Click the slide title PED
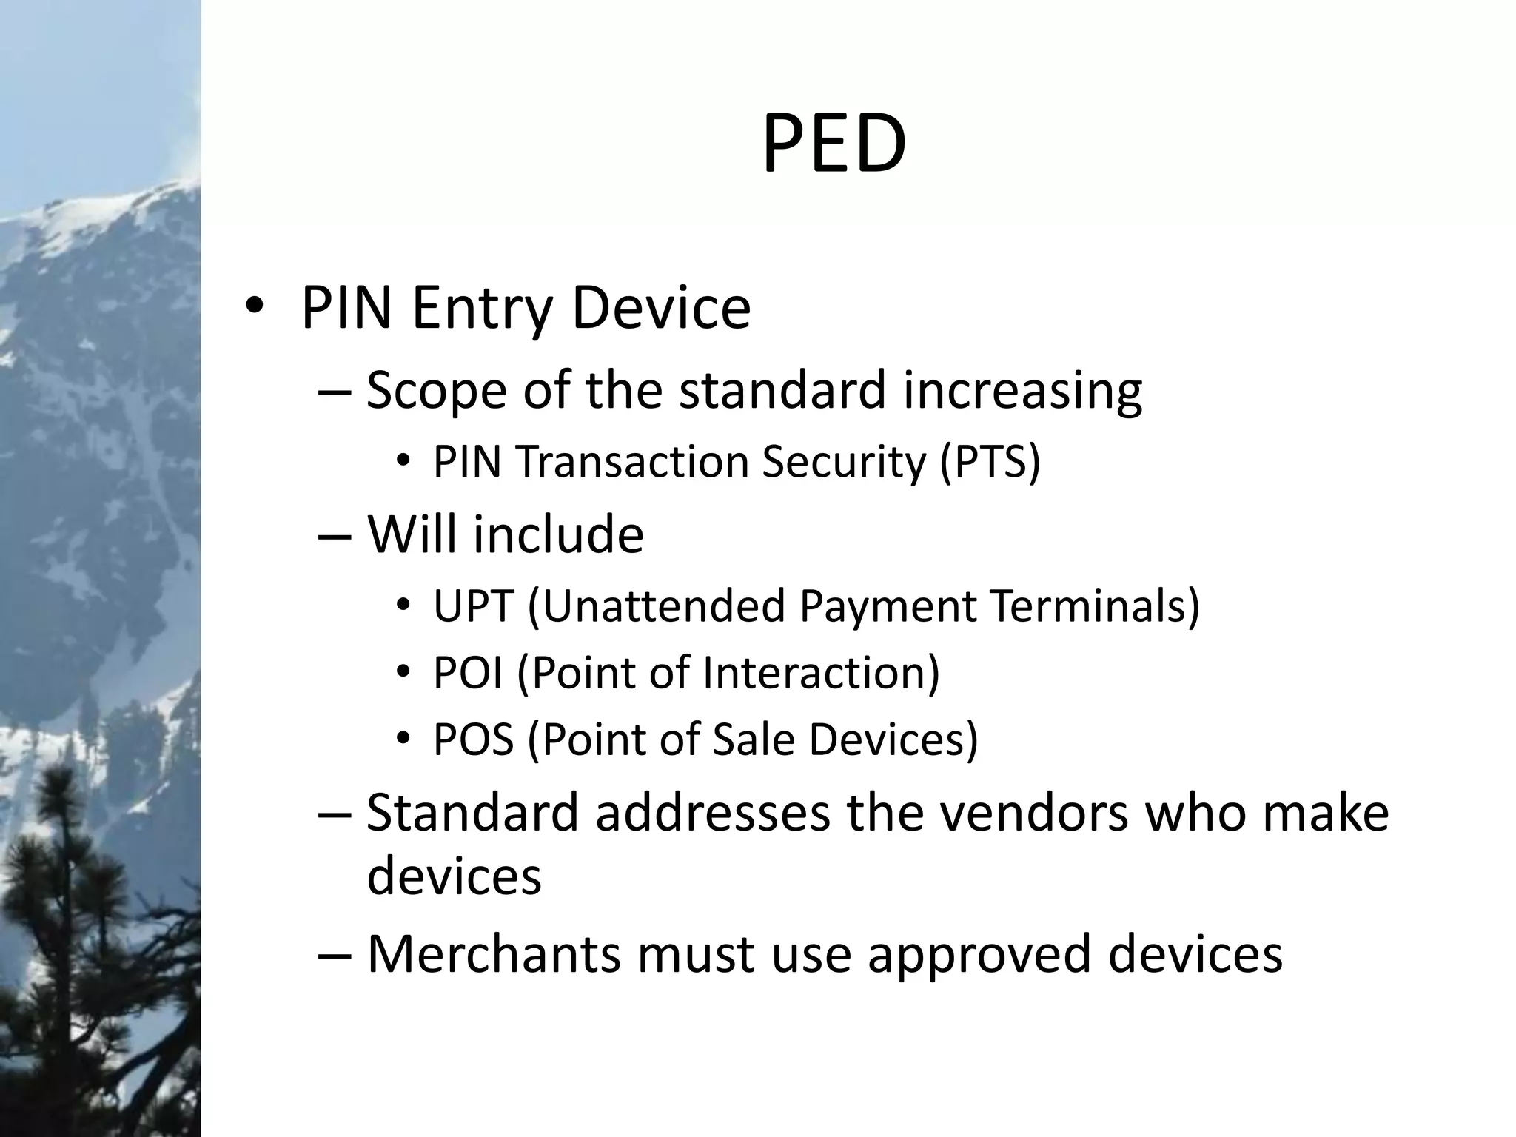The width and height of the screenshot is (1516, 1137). tap(834, 145)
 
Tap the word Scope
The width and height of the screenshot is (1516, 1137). tap(436, 390)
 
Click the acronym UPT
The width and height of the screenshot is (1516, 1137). tap(473, 606)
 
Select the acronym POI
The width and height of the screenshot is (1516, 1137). tap(468, 673)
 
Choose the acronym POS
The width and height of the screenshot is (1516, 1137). tap(473, 739)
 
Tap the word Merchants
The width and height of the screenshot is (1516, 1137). tap(494, 953)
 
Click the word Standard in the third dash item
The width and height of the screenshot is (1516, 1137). tap(472, 813)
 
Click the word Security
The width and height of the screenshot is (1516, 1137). tap(844, 462)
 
